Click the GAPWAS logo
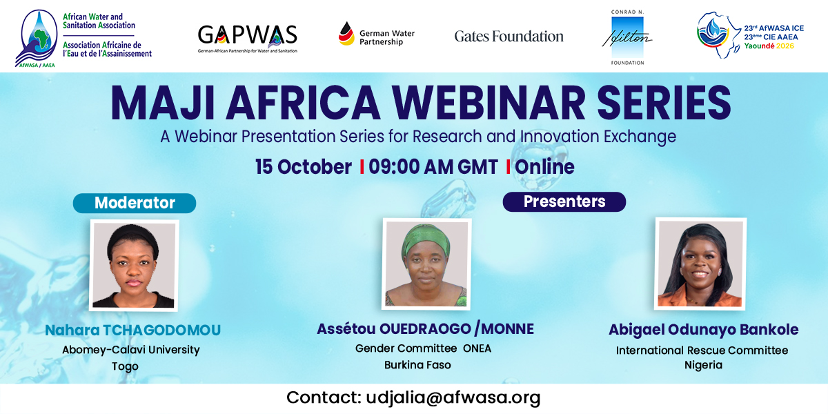247,39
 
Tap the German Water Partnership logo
376,34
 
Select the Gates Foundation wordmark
509,36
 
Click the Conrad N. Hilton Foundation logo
627,37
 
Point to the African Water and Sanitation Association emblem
36,39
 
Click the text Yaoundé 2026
769,46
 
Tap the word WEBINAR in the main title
489,103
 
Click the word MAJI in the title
162,103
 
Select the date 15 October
303,167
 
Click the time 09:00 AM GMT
433,167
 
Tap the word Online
544,167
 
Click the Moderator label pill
135,203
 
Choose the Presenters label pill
564,201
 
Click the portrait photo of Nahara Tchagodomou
134,266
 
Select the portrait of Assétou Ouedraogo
426,264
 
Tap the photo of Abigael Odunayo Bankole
700,264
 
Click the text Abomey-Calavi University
131,350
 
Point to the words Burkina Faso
417,365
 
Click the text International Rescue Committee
702,351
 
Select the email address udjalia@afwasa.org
453,397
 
